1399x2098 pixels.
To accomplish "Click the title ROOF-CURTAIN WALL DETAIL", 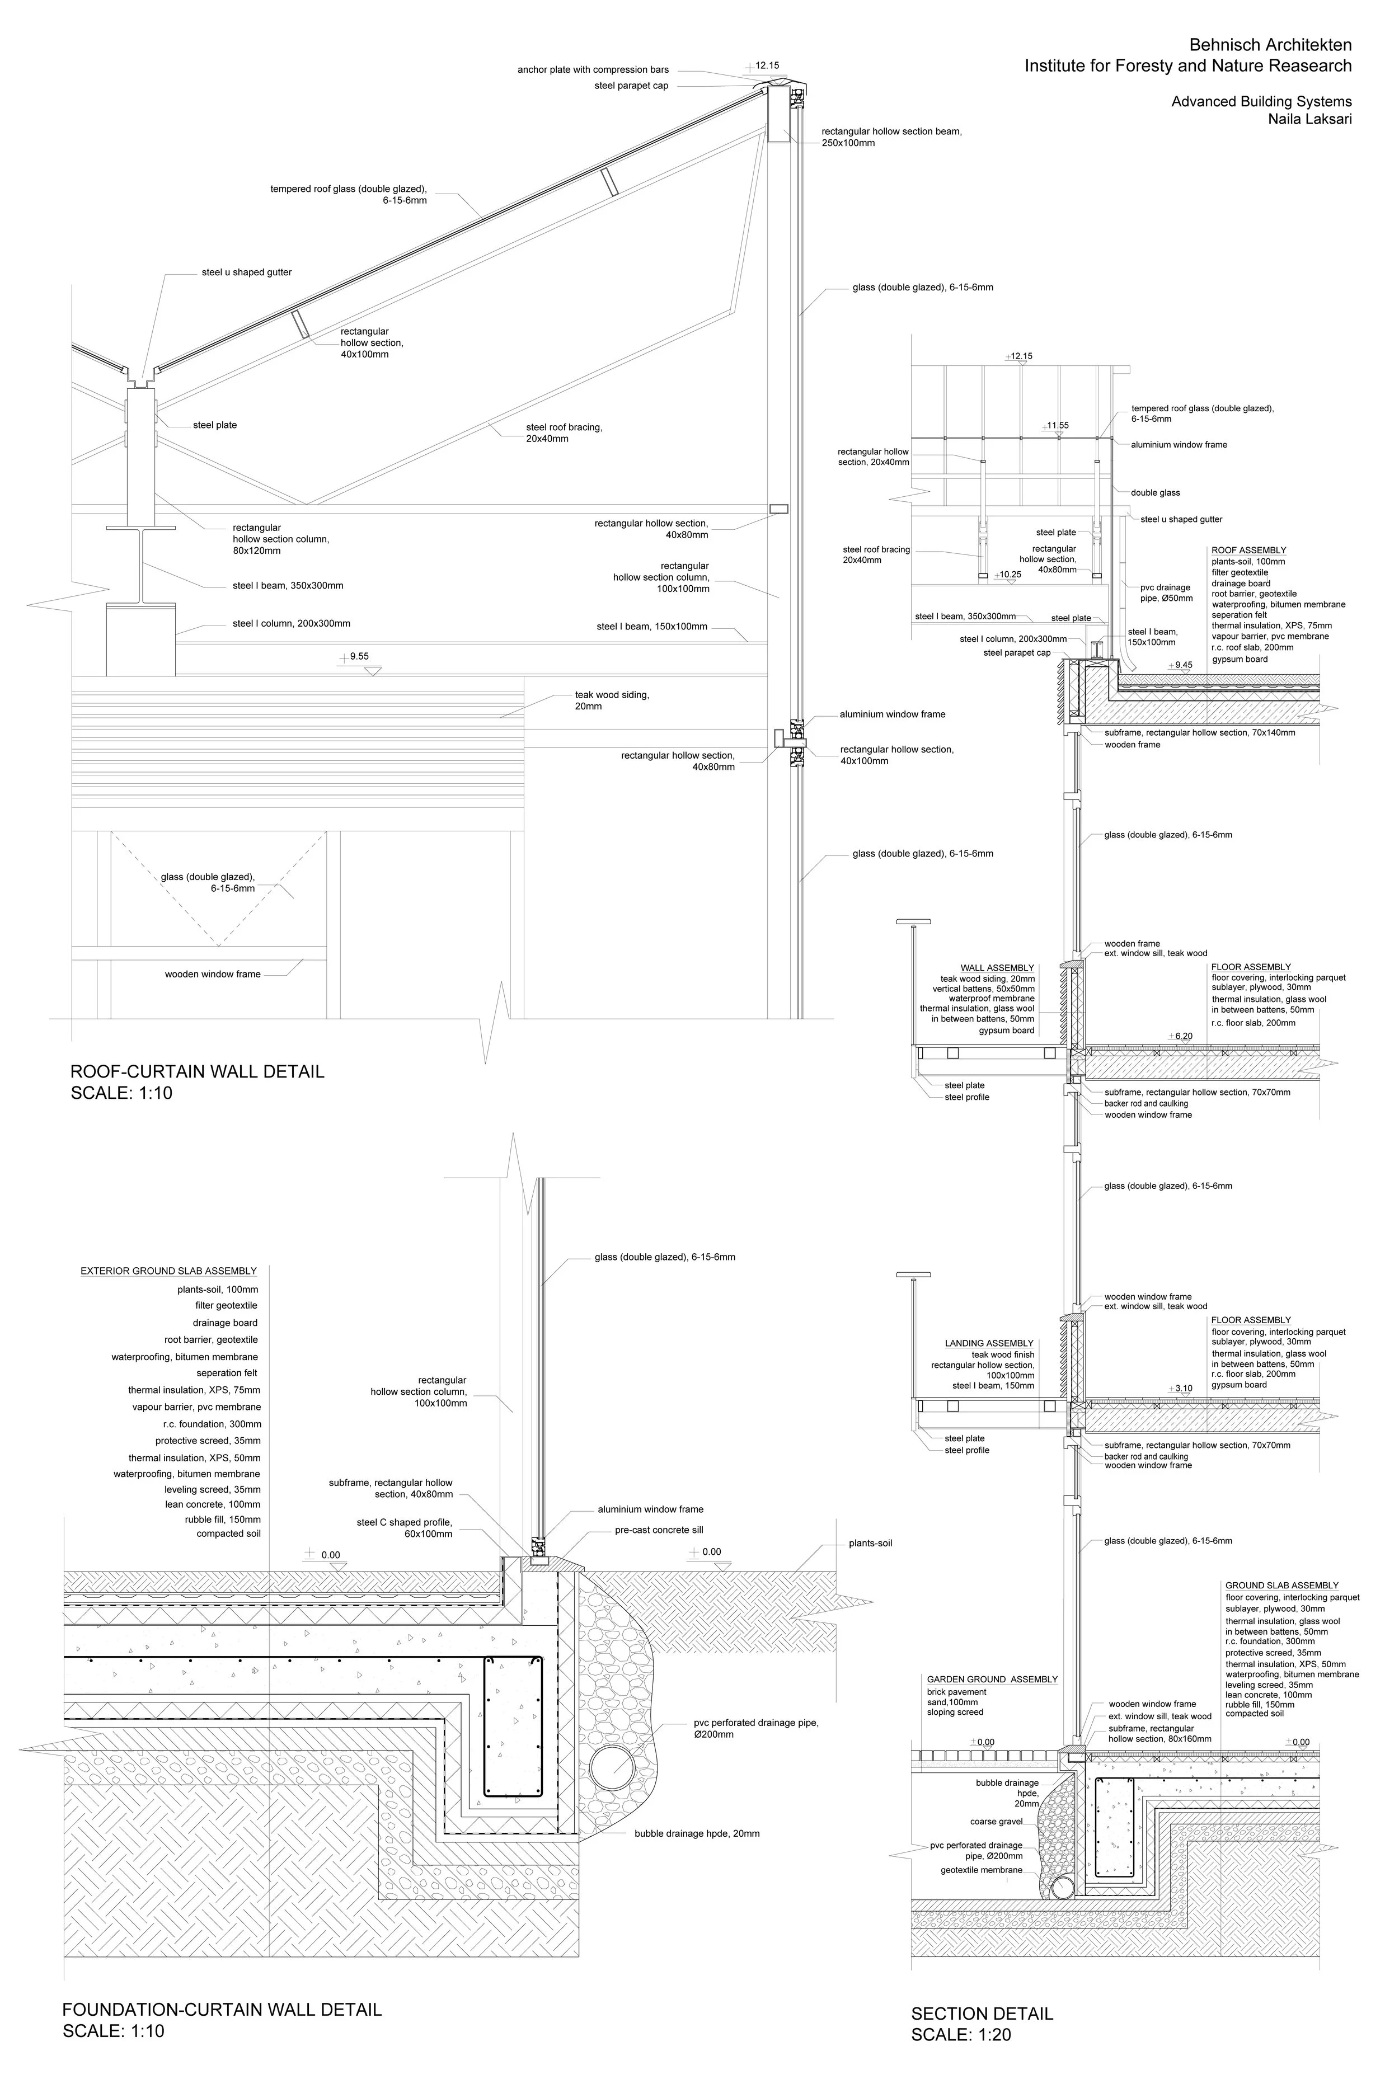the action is point(197,1071).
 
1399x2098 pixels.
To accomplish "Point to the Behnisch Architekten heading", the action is point(1270,45).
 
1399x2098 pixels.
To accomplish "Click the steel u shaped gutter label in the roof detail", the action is point(246,272).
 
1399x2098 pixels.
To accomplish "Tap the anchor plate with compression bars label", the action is point(593,69).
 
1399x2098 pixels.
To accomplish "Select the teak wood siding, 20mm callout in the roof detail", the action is point(612,700).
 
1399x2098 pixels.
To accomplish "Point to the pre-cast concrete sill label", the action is point(659,1530).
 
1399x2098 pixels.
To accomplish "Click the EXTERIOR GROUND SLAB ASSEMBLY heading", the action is point(168,1271).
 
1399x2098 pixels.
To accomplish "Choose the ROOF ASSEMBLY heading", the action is point(1248,551).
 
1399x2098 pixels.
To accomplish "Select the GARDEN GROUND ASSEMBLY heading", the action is point(992,1680).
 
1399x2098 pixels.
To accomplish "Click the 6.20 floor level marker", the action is point(1183,1037).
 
